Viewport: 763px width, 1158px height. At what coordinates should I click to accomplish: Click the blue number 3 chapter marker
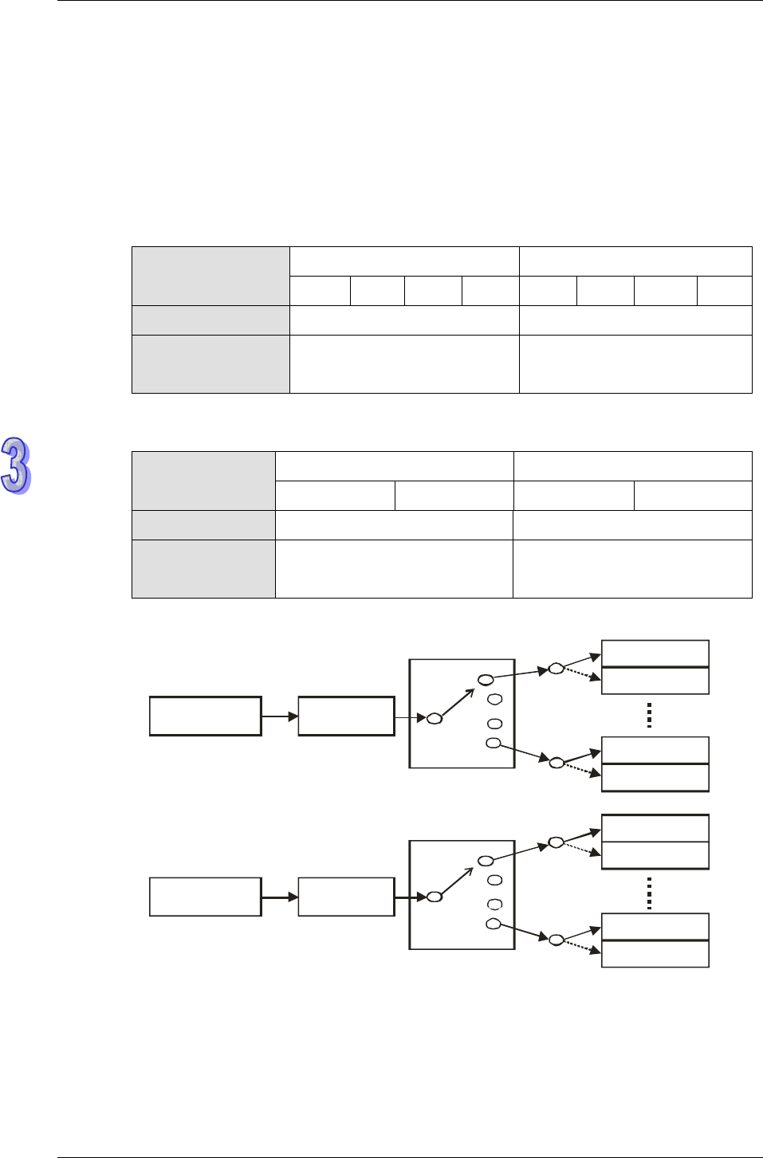coord(16,465)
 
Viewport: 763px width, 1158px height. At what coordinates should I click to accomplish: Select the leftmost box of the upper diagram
coord(206,716)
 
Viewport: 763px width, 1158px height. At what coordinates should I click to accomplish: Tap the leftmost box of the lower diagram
coord(206,897)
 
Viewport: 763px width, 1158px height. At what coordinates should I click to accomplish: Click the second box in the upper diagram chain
coord(346,716)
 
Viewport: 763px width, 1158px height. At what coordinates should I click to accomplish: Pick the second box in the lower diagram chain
coord(346,897)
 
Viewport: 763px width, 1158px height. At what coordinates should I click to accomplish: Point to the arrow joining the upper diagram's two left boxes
coord(280,716)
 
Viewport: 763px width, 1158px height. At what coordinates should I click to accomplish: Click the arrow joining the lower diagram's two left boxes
coord(280,897)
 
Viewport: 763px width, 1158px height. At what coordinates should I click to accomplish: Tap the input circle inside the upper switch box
coord(435,719)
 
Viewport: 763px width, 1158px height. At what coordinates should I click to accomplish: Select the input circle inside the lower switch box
coord(435,897)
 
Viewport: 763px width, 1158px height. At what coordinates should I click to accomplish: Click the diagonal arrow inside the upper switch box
coord(458,701)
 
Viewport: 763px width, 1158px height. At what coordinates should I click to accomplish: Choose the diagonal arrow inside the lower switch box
coord(458,880)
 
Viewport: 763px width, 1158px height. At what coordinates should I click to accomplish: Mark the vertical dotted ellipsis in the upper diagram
coord(650,715)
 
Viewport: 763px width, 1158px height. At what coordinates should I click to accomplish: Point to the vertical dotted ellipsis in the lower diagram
coord(650,893)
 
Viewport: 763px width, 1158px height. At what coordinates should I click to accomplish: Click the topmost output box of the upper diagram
coord(655,654)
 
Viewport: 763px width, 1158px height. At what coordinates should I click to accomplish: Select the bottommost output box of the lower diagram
coord(655,954)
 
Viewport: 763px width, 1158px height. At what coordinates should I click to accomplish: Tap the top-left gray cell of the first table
coord(210,276)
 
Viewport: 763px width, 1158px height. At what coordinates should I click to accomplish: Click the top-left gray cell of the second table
coord(203,481)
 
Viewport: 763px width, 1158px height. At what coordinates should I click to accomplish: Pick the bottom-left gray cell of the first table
coord(210,364)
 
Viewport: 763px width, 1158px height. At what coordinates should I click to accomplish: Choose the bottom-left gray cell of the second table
coord(203,569)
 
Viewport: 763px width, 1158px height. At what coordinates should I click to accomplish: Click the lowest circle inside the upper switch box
coord(494,744)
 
